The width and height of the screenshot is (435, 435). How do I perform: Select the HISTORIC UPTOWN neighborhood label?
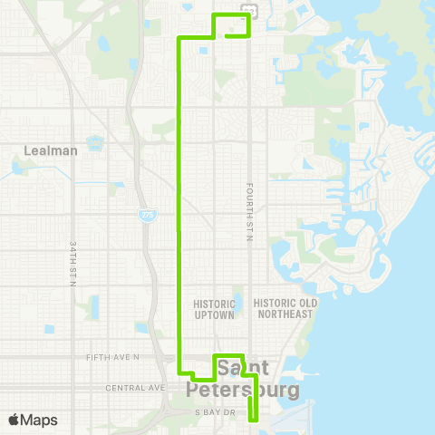[214, 309]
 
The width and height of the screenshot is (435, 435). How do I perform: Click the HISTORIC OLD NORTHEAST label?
[284, 308]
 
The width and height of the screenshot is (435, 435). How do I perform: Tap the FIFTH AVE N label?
[114, 357]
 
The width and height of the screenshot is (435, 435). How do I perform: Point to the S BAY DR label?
[214, 412]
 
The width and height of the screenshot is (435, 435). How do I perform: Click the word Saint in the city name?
[242, 368]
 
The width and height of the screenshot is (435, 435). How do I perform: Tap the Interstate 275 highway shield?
[147, 214]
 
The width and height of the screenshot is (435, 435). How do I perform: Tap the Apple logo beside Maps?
[14, 420]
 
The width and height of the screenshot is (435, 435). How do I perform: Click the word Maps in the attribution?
[39, 420]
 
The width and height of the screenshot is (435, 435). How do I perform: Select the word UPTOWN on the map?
[214, 314]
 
